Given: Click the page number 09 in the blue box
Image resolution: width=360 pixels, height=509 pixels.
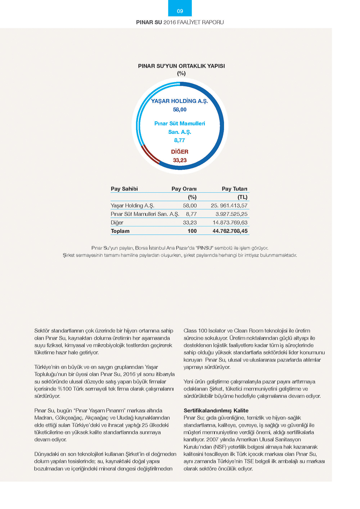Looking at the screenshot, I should pos(180,11).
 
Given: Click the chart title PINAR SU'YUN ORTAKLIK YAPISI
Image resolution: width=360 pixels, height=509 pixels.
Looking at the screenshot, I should pos(181,66).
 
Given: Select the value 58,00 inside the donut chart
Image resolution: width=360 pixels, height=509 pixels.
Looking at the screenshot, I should pos(180,109).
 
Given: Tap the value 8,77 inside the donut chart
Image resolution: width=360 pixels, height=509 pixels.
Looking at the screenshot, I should pos(179,140).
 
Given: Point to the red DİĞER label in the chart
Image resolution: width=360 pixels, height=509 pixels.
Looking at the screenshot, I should pos(180,152).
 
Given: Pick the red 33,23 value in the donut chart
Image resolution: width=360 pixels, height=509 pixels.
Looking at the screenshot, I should pos(180,160).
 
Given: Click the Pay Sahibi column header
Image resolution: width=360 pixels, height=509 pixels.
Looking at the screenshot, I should pos(124,189).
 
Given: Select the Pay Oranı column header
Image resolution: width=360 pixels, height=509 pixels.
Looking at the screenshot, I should pos(184,189).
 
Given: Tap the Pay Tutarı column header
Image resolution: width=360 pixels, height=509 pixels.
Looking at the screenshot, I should pos(234,189).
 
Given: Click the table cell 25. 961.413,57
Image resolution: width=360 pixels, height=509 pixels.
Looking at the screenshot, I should pos(229,206).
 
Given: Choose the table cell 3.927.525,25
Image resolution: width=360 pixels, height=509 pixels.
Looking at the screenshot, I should pos(231,214).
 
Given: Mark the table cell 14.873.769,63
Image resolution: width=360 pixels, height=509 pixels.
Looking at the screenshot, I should pos(230,222).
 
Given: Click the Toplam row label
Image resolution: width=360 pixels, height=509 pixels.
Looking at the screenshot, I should pos(120,231).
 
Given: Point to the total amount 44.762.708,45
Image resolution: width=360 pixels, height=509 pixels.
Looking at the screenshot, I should pos(230,231).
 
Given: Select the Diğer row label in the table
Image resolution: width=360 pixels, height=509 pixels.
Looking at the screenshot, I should pos(117,222).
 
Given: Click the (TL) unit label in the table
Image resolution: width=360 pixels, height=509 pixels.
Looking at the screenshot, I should pos(242,197).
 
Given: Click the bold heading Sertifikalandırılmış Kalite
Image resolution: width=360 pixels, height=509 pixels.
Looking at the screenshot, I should pos(216,410).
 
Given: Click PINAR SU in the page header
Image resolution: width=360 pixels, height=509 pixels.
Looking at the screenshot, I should pos(149,22).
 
